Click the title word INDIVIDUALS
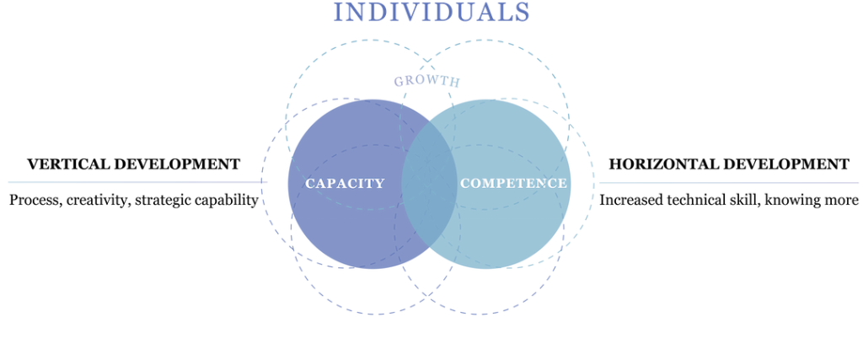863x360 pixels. [x=431, y=12]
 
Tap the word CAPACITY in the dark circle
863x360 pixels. [x=345, y=183]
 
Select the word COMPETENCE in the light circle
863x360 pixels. [x=513, y=183]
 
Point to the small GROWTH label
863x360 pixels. [x=426, y=82]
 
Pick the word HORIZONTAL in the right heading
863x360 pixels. [x=656, y=163]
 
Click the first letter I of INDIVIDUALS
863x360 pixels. [x=339, y=12]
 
